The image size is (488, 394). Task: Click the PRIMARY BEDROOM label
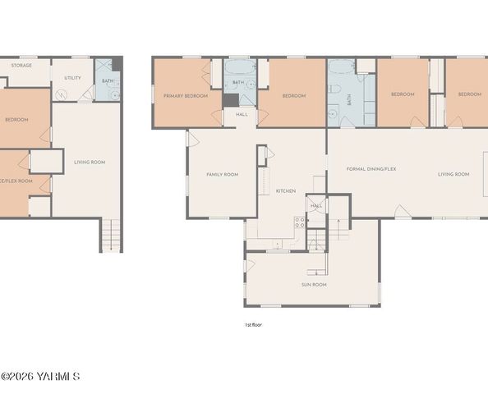185,96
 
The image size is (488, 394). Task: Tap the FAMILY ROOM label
222,174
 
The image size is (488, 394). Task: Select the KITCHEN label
285,190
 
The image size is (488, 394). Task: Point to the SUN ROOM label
314,284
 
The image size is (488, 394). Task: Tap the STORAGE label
21,65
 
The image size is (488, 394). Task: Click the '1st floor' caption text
253,324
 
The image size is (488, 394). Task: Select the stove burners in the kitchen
300,220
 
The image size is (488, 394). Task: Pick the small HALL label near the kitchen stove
316,205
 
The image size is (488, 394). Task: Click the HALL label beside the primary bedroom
242,114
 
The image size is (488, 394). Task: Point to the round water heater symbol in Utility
61,94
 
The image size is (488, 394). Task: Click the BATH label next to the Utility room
108,80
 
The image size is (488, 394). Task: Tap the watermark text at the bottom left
40,377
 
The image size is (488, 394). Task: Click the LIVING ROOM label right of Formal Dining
453,174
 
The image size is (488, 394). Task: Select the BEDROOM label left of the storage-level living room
16,120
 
